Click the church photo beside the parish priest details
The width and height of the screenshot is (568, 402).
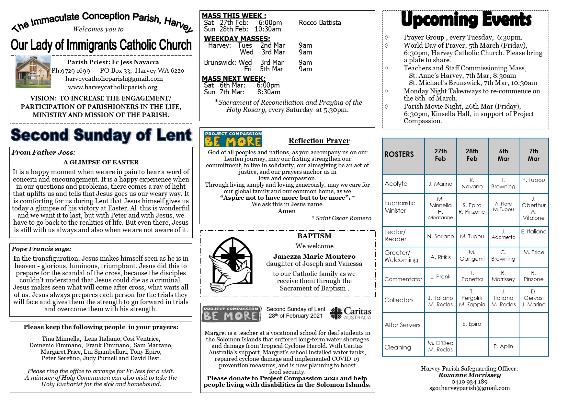pos(33,72)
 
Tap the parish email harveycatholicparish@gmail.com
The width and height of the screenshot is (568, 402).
pos(114,79)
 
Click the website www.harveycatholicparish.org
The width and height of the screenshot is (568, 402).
pos(113,87)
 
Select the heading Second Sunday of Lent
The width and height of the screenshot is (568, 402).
pos(101,135)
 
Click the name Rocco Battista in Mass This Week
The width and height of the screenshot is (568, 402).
pos(320,23)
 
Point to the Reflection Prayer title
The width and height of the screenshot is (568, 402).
pos(319,141)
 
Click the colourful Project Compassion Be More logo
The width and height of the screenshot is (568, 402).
pos(233,139)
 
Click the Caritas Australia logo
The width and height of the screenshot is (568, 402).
pos(350,313)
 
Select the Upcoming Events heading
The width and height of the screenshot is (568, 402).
pos(466,19)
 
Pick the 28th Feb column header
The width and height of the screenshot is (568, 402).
pos(472,155)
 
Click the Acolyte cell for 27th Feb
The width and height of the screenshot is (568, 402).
pos(440,184)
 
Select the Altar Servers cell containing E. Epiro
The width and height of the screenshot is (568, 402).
pos(472,324)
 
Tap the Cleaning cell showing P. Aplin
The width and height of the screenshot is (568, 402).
pos(503,346)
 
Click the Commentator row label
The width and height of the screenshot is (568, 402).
pos(403,279)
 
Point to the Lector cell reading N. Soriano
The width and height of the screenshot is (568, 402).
pos(440,236)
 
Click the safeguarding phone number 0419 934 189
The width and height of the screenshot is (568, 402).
pos(469,382)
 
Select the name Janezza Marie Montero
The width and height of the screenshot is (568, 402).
pos(314,256)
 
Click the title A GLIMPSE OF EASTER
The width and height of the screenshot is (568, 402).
pos(101,162)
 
